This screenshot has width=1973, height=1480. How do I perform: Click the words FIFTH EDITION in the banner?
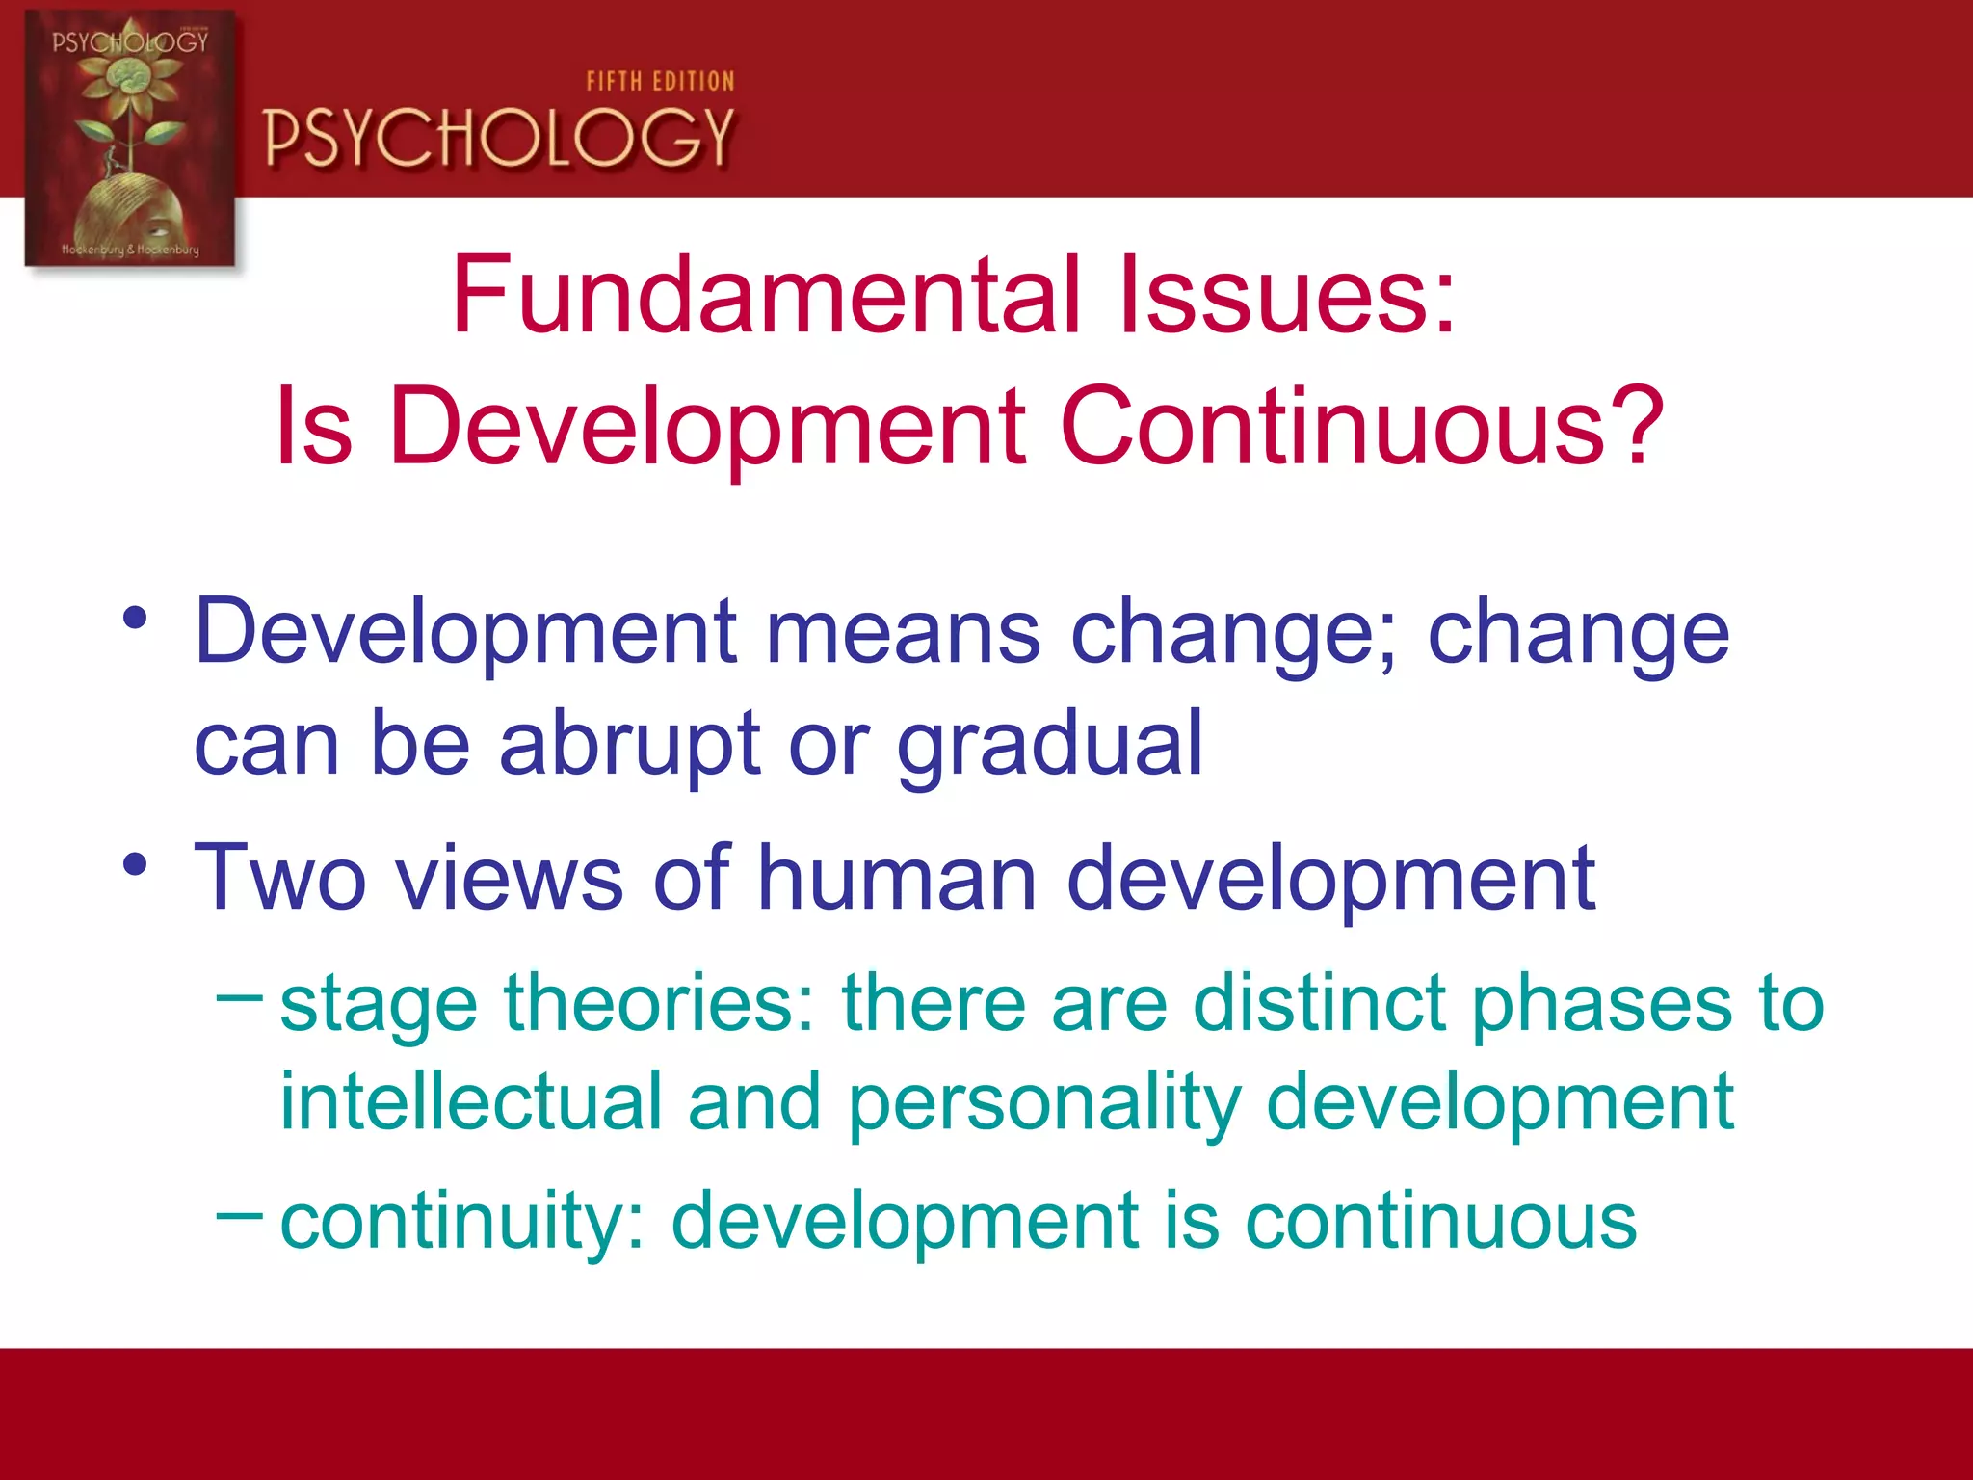pyautogui.click(x=660, y=82)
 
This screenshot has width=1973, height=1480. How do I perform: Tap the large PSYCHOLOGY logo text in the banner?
pyautogui.click(x=499, y=138)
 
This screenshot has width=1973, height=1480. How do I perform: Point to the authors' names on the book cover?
pyautogui.click(x=130, y=250)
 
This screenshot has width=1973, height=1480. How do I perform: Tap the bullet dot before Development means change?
pyautogui.click(x=135, y=618)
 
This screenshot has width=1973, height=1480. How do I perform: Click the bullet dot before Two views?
pyautogui.click(x=135, y=864)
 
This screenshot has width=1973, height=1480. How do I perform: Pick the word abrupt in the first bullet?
pyautogui.click(x=630, y=744)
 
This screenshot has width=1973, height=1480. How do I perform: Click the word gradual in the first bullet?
pyautogui.click(x=1049, y=744)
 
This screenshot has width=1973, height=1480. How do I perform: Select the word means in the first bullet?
pyautogui.click(x=903, y=633)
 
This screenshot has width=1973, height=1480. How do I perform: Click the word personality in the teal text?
pyautogui.click(x=1044, y=1103)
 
